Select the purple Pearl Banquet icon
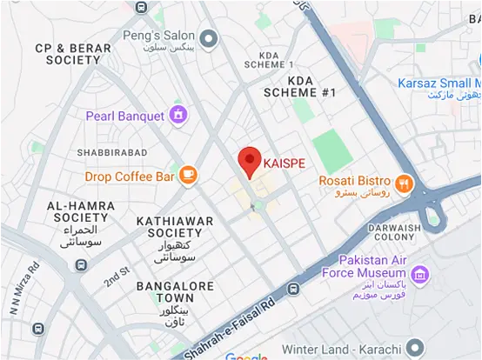pos(178,115)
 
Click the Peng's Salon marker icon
pos(208,37)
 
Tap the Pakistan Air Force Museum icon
pos(421,276)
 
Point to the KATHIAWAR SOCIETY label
pos(175,228)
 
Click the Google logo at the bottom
pos(246,356)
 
